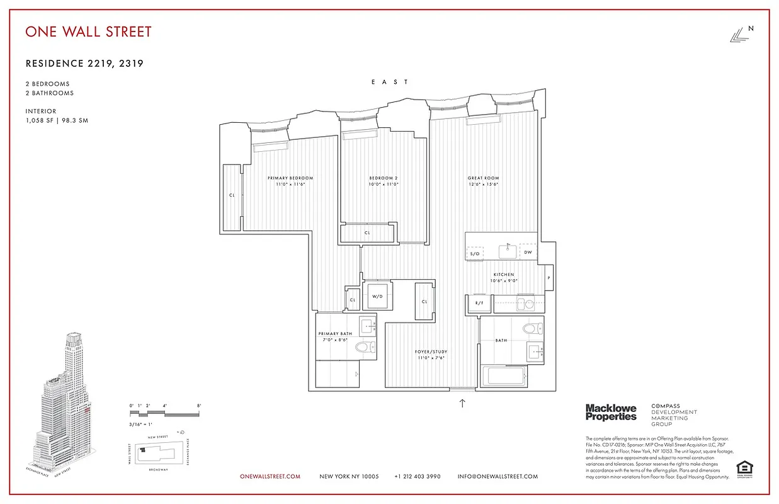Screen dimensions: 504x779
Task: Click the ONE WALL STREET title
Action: [x=88, y=31]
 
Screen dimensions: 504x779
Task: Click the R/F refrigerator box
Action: [x=479, y=304]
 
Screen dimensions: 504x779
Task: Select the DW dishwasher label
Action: [x=528, y=253]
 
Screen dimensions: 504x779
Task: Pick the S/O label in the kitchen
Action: [x=475, y=253]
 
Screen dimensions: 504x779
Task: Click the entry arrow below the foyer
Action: [x=462, y=403]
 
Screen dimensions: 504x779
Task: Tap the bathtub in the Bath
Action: [x=504, y=377]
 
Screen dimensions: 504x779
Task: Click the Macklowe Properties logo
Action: [x=611, y=413]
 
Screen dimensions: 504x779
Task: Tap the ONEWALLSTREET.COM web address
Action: [x=270, y=477]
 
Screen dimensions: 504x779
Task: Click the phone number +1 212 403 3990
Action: [x=418, y=477]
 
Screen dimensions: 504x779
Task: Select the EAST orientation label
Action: [x=390, y=82]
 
